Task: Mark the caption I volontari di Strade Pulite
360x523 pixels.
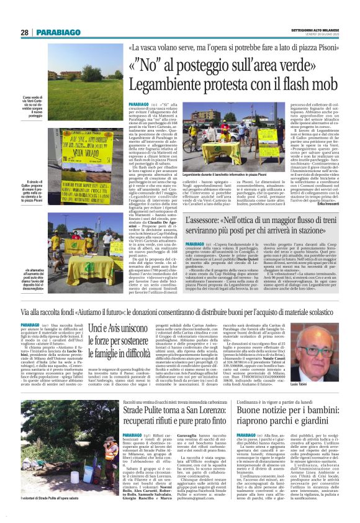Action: (51, 517)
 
